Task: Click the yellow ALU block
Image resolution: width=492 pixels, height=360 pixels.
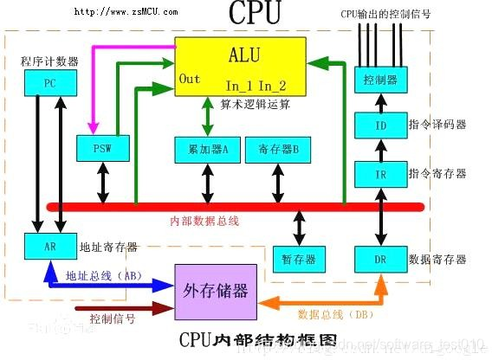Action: pyautogui.click(x=240, y=66)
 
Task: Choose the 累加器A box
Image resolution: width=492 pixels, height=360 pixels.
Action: pyautogui.click(x=207, y=149)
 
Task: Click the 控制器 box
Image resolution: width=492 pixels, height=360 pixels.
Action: pyautogui.click(x=379, y=80)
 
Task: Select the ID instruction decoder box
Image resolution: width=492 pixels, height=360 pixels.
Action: pyautogui.click(x=379, y=125)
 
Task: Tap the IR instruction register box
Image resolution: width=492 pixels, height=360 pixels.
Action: pyautogui.click(x=379, y=174)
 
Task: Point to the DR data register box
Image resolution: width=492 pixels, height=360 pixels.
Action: pyautogui.click(x=379, y=258)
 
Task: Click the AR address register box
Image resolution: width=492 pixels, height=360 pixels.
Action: pyautogui.click(x=50, y=247)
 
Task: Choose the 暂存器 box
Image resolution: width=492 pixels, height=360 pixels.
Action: pyautogui.click(x=298, y=258)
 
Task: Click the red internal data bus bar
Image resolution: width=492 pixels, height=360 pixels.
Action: pyautogui.click(x=234, y=207)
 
